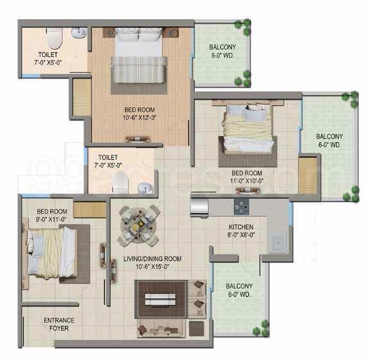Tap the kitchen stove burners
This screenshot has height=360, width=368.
coord(241,207)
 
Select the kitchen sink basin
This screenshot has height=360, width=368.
coord(278,243)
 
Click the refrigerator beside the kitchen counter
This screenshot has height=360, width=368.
coord(199,207)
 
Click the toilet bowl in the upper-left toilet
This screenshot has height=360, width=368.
coord(54,38)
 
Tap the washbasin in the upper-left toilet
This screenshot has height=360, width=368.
coord(79,33)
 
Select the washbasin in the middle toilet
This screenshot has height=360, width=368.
coord(146,188)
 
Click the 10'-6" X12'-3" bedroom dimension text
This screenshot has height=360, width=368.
coord(140,117)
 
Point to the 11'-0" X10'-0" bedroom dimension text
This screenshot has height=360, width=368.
coord(247,181)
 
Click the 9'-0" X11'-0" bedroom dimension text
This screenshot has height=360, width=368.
coord(51,219)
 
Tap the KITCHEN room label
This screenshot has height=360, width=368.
coord(241,227)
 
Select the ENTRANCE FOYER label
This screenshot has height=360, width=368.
coord(59,324)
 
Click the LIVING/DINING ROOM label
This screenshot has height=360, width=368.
coord(153,259)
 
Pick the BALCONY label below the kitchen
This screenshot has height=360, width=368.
coord(239,286)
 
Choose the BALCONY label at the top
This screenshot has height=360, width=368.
coord(222,47)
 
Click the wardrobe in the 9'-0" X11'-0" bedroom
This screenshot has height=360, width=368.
coord(90,210)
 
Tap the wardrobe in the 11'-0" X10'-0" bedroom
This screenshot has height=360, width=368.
coord(308,176)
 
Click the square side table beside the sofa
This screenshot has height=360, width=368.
coord(197,329)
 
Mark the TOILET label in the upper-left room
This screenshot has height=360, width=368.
coord(48,55)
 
